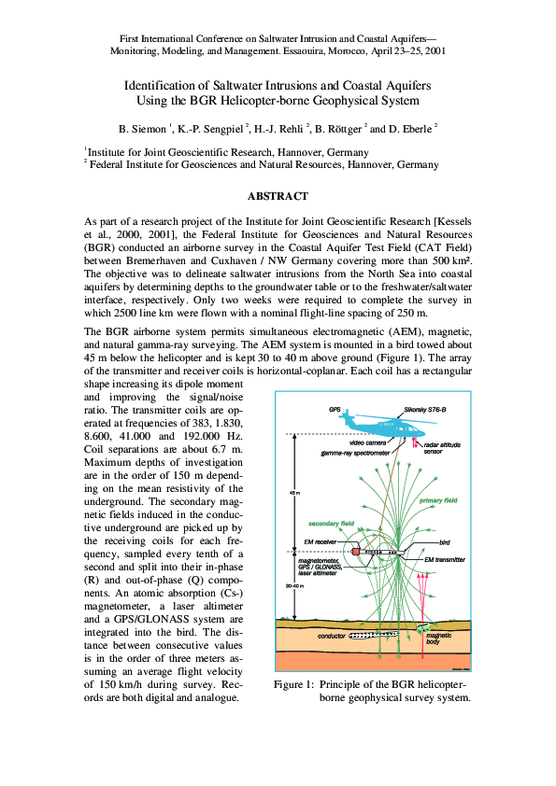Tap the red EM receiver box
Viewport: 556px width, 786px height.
click(356, 553)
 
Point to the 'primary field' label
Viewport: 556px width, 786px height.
click(438, 501)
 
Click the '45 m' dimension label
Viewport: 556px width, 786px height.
click(294, 492)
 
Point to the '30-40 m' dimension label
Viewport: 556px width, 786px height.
click(294, 585)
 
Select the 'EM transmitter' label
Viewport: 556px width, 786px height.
click(444, 558)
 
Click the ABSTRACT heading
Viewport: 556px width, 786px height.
click(277, 196)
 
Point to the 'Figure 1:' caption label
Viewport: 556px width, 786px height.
click(293, 685)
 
